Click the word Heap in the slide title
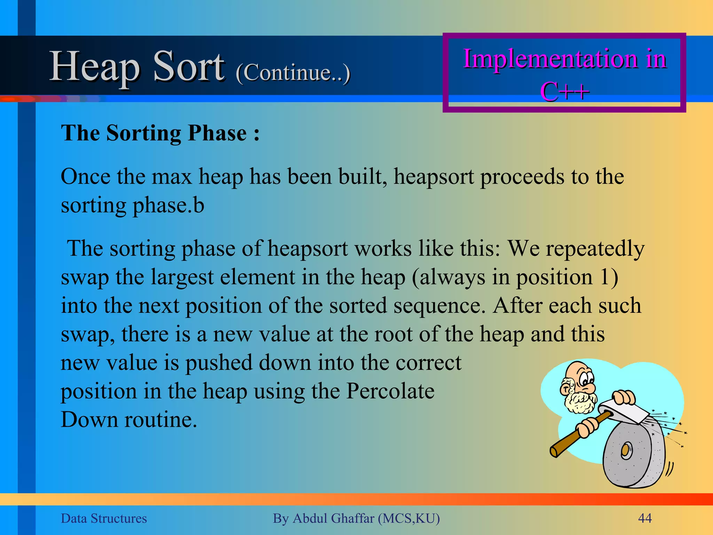[95, 67]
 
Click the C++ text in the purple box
[564, 92]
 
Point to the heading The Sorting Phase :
[160, 133]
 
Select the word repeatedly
[595, 249]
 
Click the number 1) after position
[609, 277]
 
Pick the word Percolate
[390, 391]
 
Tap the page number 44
[644, 518]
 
